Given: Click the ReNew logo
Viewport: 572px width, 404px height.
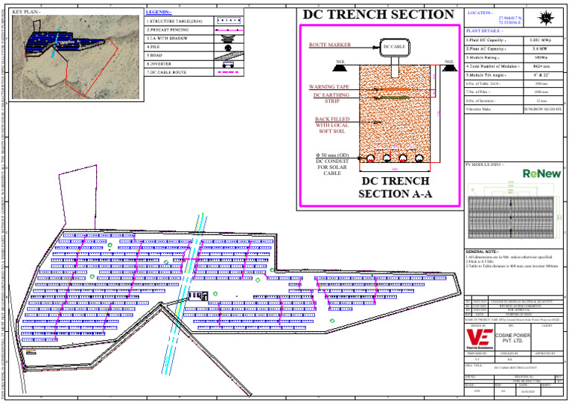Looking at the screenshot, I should pos(541,173).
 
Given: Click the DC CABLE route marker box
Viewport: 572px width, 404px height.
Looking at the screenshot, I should pos(395,47).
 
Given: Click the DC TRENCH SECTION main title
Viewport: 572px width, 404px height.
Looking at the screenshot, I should pos(378,14).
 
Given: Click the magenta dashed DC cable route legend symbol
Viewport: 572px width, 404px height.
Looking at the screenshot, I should pos(229,72).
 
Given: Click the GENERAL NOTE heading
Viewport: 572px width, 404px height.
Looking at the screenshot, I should pos(486,252).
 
